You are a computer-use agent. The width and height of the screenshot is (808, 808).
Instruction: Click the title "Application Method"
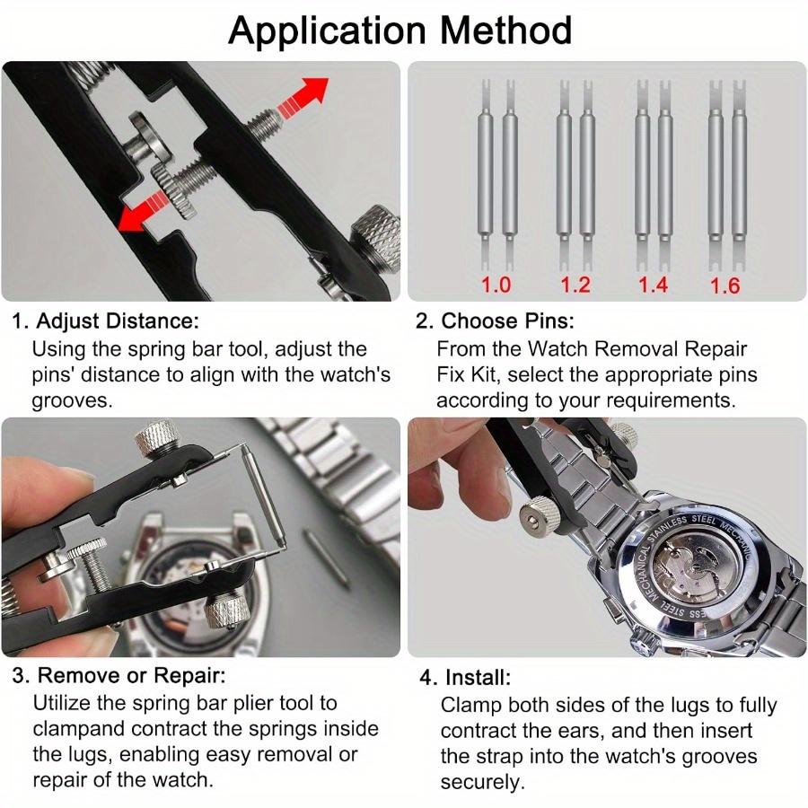pyautogui.click(x=400, y=30)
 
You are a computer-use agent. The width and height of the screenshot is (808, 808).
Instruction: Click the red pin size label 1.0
pyautogui.click(x=496, y=285)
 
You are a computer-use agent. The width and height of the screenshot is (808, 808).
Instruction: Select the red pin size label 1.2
pyautogui.click(x=575, y=285)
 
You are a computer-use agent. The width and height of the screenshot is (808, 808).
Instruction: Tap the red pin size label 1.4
pyautogui.click(x=653, y=285)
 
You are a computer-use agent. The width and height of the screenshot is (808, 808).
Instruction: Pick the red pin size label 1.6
pyautogui.click(x=725, y=286)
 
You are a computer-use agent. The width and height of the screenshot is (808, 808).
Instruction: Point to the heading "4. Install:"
pyautogui.click(x=465, y=677)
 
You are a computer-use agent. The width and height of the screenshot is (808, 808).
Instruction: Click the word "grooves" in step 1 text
pyautogui.click(x=73, y=400)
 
